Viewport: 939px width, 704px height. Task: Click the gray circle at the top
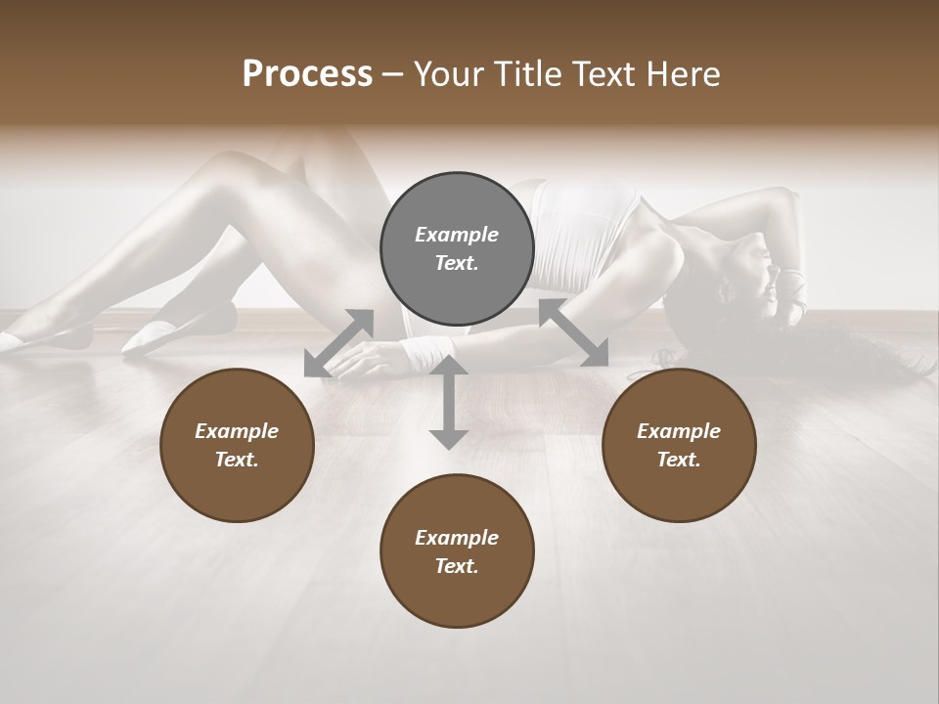pyautogui.click(x=457, y=248)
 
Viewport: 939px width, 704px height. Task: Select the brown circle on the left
pyautogui.click(x=237, y=445)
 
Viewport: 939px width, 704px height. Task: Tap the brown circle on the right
pyautogui.click(x=679, y=445)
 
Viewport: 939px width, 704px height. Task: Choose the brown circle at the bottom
pyautogui.click(x=457, y=551)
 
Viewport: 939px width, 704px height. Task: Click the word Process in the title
pyautogui.click(x=307, y=73)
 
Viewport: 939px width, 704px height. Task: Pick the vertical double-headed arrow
pyautogui.click(x=449, y=403)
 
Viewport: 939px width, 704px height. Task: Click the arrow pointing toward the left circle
pyautogui.click(x=338, y=343)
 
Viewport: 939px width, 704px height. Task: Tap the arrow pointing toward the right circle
pyautogui.click(x=573, y=332)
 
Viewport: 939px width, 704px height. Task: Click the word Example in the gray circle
pyautogui.click(x=457, y=235)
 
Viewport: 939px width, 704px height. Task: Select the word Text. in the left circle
pyautogui.click(x=237, y=460)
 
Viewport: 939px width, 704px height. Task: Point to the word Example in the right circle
pyautogui.click(x=679, y=431)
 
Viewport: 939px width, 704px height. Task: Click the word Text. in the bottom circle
pyautogui.click(x=457, y=566)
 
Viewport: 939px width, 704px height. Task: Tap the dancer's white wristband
pyautogui.click(x=428, y=352)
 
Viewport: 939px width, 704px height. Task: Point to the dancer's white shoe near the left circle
pyautogui.click(x=156, y=336)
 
